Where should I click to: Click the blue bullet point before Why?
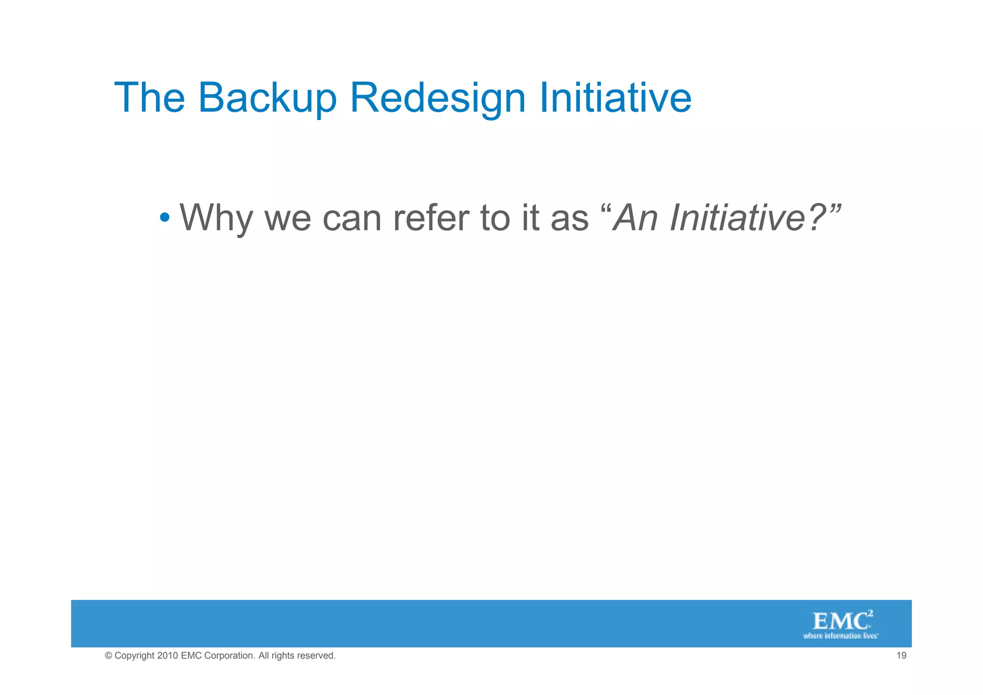pyautogui.click(x=165, y=218)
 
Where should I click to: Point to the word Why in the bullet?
pyautogui.click(x=216, y=218)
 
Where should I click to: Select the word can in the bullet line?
pyautogui.click(x=351, y=218)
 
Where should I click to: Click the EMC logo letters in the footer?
pyautogui.click(x=840, y=622)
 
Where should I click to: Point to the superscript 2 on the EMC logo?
pyautogui.click(x=870, y=613)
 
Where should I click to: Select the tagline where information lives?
pyautogui.click(x=840, y=636)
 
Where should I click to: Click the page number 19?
pyautogui.click(x=901, y=656)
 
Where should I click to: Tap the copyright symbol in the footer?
pyautogui.click(x=108, y=656)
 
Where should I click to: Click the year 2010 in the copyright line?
pyautogui.click(x=168, y=656)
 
